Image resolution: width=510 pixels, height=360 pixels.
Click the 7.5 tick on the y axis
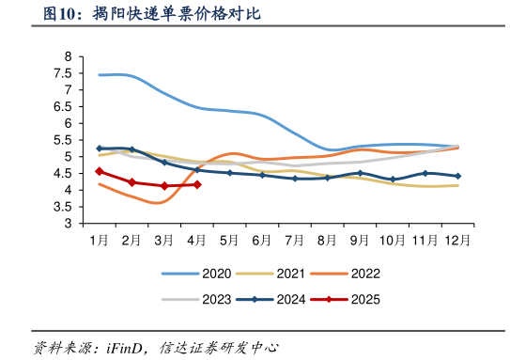(x=68, y=73)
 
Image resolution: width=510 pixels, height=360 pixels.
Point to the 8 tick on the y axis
(x=68, y=56)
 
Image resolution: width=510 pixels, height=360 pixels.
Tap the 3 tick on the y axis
(x=68, y=225)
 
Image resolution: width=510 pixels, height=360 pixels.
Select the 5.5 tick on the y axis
(x=68, y=140)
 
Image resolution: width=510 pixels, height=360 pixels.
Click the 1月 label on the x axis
(x=99, y=240)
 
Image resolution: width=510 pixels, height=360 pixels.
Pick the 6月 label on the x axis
(x=262, y=240)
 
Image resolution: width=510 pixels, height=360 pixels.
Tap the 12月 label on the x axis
(x=457, y=240)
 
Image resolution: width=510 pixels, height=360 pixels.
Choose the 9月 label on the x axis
(x=360, y=240)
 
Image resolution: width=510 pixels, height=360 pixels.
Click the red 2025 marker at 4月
(x=196, y=184)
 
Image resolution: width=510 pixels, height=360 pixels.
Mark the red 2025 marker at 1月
(x=99, y=171)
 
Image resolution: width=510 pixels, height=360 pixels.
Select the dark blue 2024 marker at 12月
(x=457, y=176)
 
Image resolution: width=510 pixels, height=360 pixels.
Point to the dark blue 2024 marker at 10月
(x=393, y=180)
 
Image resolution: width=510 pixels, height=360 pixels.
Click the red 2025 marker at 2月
(x=131, y=182)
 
